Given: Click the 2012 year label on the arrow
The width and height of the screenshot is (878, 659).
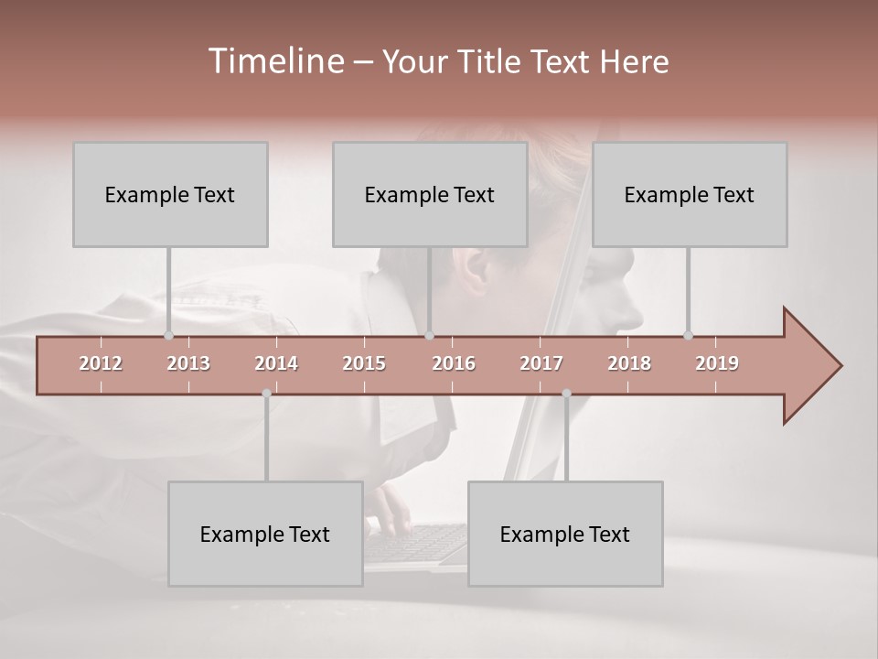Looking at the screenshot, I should coord(101,363).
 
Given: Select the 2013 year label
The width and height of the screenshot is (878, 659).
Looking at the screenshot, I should coord(188,363).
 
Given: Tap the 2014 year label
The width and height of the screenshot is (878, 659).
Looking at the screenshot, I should coord(276,363).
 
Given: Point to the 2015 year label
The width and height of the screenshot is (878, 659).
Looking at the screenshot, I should coord(364,363).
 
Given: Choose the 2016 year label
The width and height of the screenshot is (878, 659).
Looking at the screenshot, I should coord(454,363).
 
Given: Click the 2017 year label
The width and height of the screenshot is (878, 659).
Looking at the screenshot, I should coord(541,363).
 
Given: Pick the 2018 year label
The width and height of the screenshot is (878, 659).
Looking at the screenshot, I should coord(629,363).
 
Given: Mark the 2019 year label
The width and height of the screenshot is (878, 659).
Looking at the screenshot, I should coord(717,363).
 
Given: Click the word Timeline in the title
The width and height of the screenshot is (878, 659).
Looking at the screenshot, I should coord(274,61).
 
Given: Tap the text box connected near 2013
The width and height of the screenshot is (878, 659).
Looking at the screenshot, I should coord(170,194).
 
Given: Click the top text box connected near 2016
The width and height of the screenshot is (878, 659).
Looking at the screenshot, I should coord(430,194).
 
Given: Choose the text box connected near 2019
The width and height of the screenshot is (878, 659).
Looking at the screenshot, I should coord(690,194).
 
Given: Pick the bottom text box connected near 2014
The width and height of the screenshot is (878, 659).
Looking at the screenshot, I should coord(265,534).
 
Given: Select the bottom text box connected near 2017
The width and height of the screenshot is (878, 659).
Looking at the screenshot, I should coord(565,534).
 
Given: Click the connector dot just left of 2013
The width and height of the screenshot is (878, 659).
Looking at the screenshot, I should coord(168,335).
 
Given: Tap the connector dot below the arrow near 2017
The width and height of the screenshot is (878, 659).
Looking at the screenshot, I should coord(566,394).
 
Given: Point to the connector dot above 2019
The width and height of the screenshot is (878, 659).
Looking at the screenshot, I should coord(688,335).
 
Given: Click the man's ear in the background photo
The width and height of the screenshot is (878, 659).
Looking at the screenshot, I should coord(476,270).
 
